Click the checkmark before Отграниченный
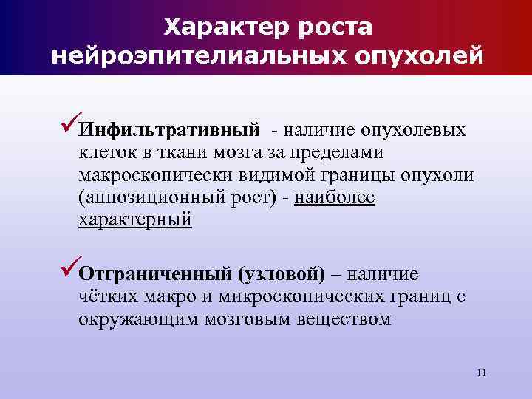pyautogui.click(x=67, y=271)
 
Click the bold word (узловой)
pyautogui.click(x=281, y=274)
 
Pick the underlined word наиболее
pyautogui.click(x=335, y=198)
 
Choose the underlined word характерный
pyautogui.click(x=134, y=220)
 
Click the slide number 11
pyautogui.click(x=481, y=372)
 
